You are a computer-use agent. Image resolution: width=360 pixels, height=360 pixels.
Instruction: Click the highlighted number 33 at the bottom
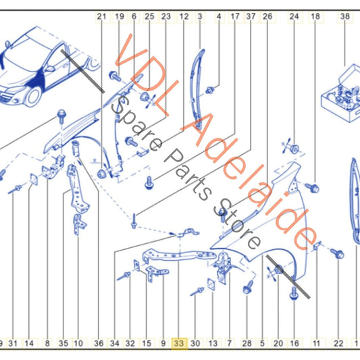[179, 343]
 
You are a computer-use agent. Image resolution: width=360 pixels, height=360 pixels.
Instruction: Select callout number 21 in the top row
[101, 16]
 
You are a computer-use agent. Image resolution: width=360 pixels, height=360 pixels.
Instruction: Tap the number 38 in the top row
[345, 16]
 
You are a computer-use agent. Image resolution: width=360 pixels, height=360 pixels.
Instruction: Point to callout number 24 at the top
[294, 16]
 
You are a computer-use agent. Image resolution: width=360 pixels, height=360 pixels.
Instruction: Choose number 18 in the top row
[315, 16]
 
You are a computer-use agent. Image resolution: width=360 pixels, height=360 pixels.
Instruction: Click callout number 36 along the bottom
[99, 343]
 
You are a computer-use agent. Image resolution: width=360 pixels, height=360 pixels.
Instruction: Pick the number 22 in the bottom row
[338, 343]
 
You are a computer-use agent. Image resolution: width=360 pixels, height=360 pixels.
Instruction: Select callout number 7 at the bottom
[230, 343]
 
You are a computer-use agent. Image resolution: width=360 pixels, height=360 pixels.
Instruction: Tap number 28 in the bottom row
[247, 343]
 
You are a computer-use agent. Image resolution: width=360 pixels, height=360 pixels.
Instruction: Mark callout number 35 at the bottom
[63, 343]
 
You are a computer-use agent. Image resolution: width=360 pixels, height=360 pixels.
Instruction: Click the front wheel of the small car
[33, 96]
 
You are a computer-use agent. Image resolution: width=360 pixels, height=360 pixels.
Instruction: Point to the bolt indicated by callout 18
[312, 188]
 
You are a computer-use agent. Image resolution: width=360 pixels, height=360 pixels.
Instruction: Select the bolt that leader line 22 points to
[338, 254]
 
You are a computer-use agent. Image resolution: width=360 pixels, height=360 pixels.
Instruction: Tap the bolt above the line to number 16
[294, 294]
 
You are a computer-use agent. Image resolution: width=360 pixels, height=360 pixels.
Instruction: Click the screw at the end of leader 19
[115, 76]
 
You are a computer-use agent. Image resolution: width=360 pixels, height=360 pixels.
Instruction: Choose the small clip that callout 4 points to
[210, 90]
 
